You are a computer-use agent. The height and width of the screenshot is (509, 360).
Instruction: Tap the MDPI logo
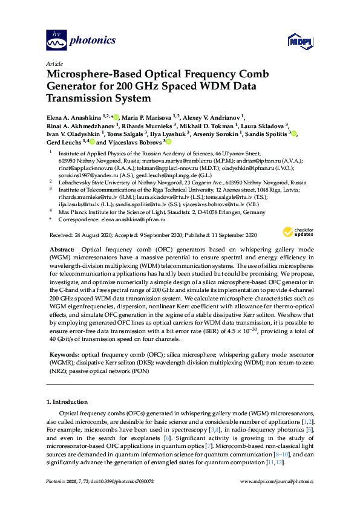tap(299, 41)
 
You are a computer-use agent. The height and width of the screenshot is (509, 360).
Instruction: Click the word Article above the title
tap(54, 63)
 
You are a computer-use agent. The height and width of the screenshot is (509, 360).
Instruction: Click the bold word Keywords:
tap(63, 352)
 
